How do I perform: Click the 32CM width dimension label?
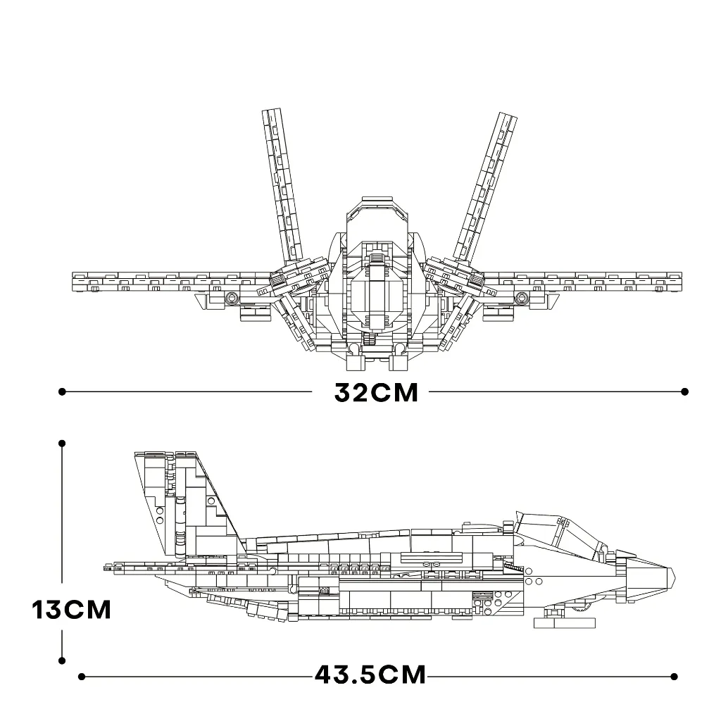tap(376, 392)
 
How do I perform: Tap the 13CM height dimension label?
tap(72, 610)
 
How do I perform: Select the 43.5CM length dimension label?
tap(370, 675)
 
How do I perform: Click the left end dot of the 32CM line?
tap(62, 391)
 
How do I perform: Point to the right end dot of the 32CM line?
tap(684, 391)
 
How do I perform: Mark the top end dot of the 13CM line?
tap(62, 444)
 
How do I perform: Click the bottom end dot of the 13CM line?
tap(62, 660)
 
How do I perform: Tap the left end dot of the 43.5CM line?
tap(82, 677)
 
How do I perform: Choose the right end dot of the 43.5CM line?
tap(674, 677)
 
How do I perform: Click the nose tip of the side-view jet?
tap(675, 575)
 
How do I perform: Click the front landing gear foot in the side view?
tap(565, 623)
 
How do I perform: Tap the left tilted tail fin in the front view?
tap(282, 184)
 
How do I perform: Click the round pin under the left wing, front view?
tap(232, 298)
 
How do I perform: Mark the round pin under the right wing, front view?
tap(521, 298)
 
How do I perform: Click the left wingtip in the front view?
tap(73, 282)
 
